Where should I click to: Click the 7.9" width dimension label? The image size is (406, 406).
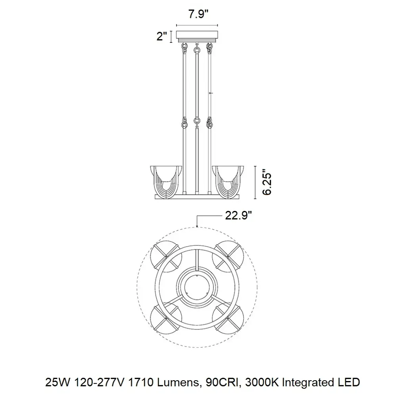coord(198,14)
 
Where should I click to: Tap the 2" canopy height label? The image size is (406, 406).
coord(162,36)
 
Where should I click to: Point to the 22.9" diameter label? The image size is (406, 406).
coord(238,215)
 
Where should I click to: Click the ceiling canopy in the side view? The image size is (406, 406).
coord(197,36)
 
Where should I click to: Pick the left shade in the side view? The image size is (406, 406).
coord(166,181)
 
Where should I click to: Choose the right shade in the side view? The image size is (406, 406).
coord(228,181)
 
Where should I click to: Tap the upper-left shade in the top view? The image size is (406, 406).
coord(166,257)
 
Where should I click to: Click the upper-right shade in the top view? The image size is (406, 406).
coord(228,257)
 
